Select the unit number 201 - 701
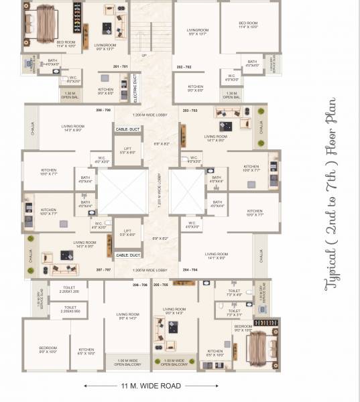click(x=121, y=67)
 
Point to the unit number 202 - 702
click(x=184, y=67)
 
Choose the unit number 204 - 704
click(x=190, y=269)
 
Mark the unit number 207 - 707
click(x=103, y=269)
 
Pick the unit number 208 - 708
click(x=103, y=109)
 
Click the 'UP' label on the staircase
click(x=144, y=56)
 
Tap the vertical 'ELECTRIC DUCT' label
click(x=134, y=87)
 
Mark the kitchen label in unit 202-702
click(x=196, y=88)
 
